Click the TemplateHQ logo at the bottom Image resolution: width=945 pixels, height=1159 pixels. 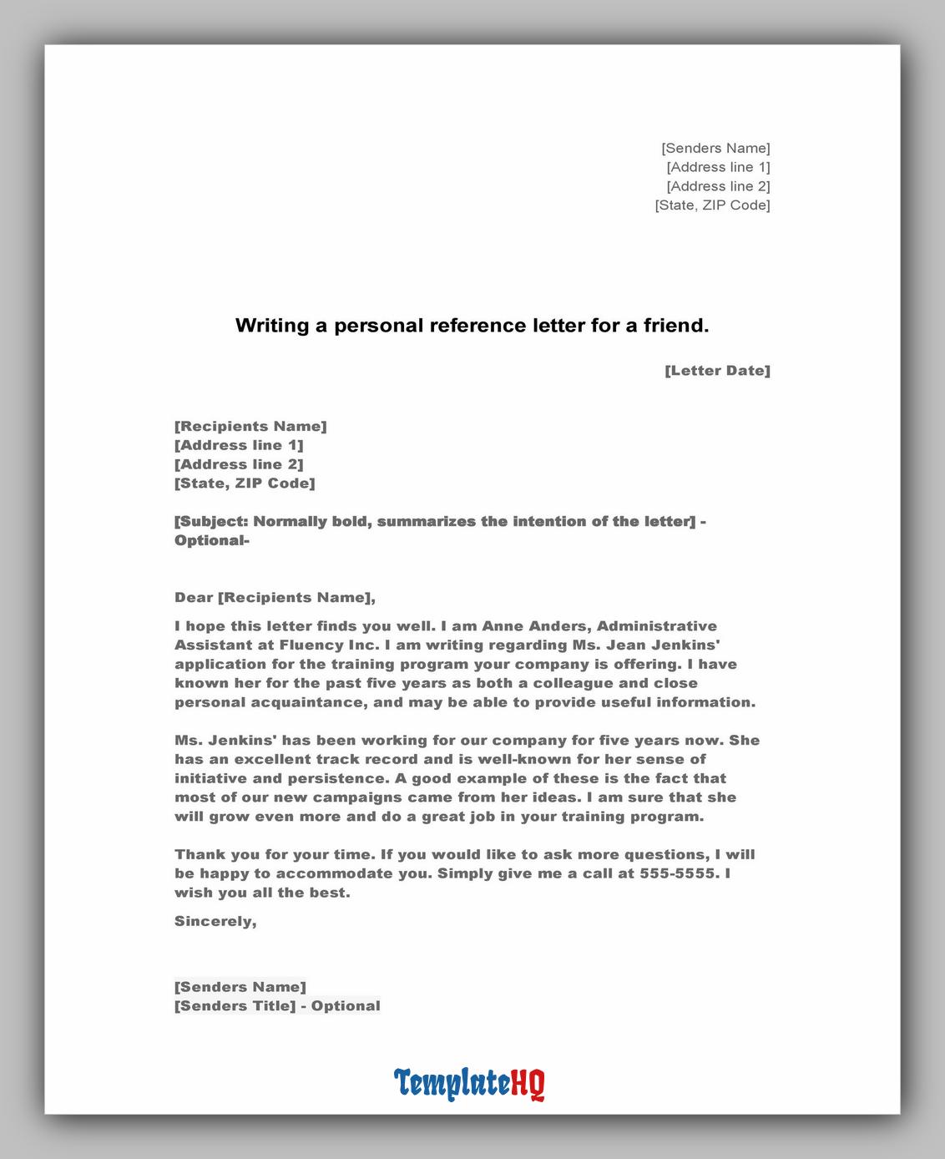pos(469,1083)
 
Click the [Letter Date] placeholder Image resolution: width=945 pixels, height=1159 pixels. pos(717,371)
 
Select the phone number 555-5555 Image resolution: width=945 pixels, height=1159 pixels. pos(677,873)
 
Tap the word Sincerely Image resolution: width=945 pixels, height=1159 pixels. pos(215,921)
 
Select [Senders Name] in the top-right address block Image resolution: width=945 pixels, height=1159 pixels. pos(715,149)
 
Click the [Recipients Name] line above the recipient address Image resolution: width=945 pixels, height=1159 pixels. pos(250,427)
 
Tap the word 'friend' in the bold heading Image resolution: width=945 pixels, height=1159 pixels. pos(675,326)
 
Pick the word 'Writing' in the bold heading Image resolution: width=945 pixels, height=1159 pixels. pos(272,326)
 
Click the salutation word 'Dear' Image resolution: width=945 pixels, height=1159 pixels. pos(194,598)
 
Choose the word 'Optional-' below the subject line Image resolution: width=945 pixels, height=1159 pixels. pos(212,540)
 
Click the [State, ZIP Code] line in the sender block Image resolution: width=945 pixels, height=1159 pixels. pos(712,205)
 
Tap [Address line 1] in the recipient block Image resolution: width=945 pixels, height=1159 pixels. pos(239,445)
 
